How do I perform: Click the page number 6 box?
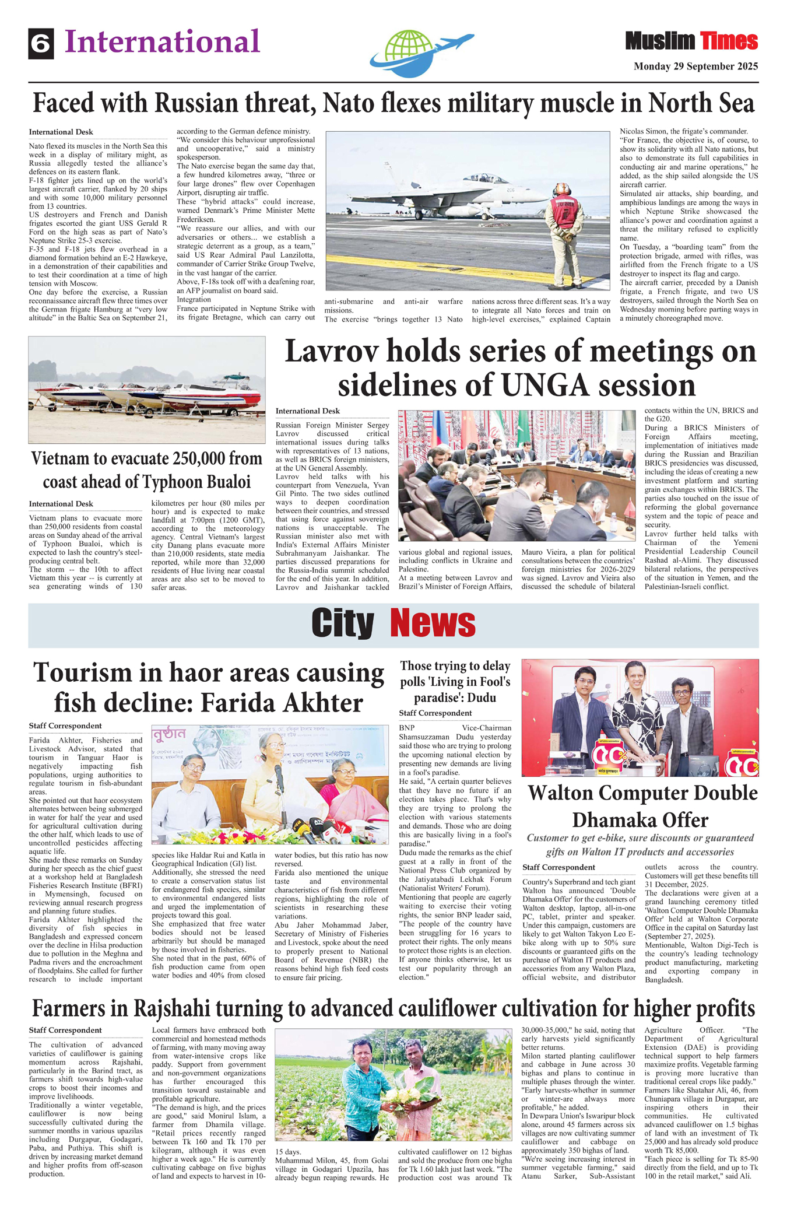pyautogui.click(x=41, y=44)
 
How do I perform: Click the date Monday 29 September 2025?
pyautogui.click(x=695, y=66)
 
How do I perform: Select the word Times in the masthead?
pyautogui.click(x=729, y=41)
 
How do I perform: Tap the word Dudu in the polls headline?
pyautogui.click(x=482, y=698)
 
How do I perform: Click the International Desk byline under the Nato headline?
pyautogui.click(x=61, y=132)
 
